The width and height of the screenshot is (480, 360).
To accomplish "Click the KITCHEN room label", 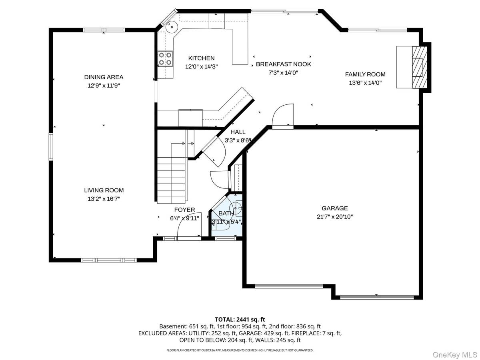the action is tap(201, 58).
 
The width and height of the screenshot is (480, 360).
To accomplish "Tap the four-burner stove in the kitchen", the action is tap(165, 58).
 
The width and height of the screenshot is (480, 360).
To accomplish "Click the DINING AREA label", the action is tap(104, 77).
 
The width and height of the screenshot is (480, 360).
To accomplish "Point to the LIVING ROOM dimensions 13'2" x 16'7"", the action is tap(104, 199).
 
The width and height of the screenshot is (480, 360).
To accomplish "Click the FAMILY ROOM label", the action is tap(365, 74).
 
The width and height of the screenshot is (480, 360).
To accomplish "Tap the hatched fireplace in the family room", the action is tap(420, 67).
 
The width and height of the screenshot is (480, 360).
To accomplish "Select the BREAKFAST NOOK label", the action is tap(284, 64).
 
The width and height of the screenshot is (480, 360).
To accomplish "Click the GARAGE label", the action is tap(334, 208).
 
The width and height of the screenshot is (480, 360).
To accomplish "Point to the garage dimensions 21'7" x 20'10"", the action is tap(334, 217).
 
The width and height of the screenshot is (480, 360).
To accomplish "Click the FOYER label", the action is tap(184, 210).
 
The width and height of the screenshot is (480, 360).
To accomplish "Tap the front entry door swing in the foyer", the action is tap(189, 226).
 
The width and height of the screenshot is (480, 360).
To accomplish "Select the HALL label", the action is tap(238, 132).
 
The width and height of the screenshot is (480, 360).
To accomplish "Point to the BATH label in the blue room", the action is tap(226, 213).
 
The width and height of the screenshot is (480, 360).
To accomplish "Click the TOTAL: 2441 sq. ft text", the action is tap(240, 320).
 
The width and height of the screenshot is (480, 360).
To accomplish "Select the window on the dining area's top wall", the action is tap(104, 30).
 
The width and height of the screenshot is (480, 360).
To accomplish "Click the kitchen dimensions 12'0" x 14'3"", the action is tap(201, 67).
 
